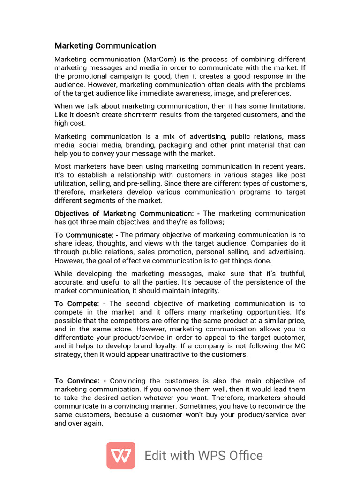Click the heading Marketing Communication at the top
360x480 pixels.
(x=105, y=45)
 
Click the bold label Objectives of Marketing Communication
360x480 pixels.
(x=124, y=213)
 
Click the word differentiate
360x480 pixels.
(x=77, y=337)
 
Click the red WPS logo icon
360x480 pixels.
(x=121, y=455)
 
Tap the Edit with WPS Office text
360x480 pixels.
(x=204, y=456)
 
